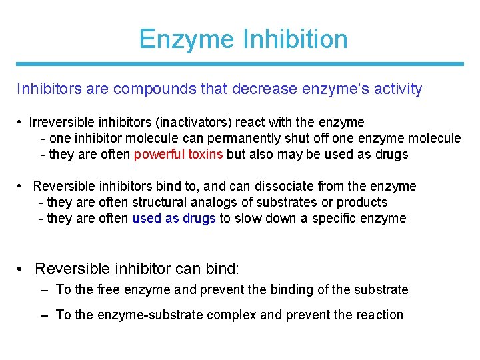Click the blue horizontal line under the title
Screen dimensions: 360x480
click(240, 64)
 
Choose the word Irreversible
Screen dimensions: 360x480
click(57, 123)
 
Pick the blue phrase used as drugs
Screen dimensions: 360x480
click(174, 218)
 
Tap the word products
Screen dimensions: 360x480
click(362, 202)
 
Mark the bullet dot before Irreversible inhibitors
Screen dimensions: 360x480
click(22, 123)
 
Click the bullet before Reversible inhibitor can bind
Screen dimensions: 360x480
click(22, 269)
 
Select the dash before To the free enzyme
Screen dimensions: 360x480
click(44, 289)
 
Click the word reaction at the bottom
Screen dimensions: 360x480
click(379, 315)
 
